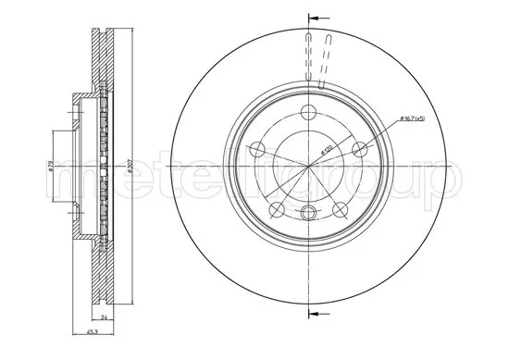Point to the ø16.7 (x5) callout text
point(412,119)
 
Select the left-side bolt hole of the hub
point(255,148)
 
